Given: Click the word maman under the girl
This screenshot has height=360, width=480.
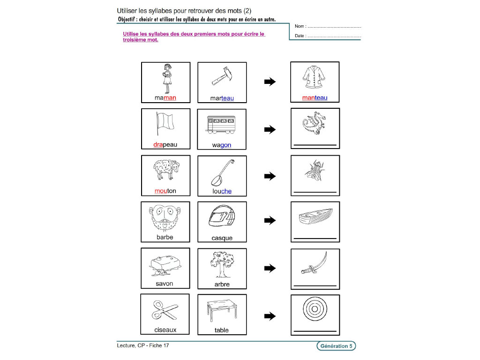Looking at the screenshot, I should pos(165,98).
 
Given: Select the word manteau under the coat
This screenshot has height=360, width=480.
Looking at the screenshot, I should pos(315,98).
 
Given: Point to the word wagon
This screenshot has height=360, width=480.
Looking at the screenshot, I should pos(221,145).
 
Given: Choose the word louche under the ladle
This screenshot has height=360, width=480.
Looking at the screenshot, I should pos(221,191).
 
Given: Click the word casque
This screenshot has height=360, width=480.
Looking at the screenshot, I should pos(221,238).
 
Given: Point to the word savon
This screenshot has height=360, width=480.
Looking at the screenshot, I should pos(165,284).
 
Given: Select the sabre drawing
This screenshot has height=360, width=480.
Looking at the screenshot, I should pos(314,264).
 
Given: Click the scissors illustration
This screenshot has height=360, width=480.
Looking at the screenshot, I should pos(165,310).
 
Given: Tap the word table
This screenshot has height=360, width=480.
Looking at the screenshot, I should pos(221,330).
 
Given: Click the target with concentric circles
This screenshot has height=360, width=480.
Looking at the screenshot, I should pos(315,310).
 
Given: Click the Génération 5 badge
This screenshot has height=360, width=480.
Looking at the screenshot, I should pos(336,346).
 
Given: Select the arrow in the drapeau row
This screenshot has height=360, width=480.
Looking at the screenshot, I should pos(270,130).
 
